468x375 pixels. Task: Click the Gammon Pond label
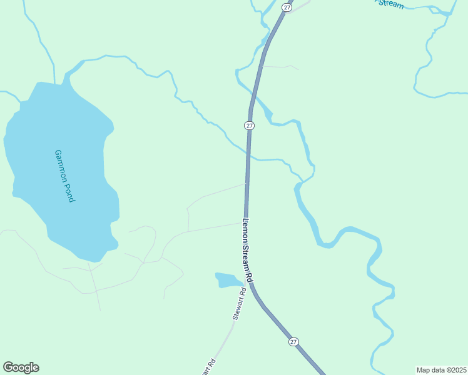tap(64, 176)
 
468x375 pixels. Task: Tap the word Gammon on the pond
tap(61, 164)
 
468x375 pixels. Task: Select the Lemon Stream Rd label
tap(248, 249)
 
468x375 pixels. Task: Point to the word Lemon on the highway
tap(246, 228)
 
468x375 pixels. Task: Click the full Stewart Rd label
tap(239, 304)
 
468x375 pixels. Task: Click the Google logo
tap(21, 367)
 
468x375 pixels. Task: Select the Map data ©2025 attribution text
tap(442, 369)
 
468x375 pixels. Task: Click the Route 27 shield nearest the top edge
tap(287, 7)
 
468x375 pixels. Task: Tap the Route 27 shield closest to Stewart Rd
tap(293, 342)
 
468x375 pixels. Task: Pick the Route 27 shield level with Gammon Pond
tap(249, 126)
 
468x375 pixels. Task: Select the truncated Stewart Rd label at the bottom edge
tap(210, 367)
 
